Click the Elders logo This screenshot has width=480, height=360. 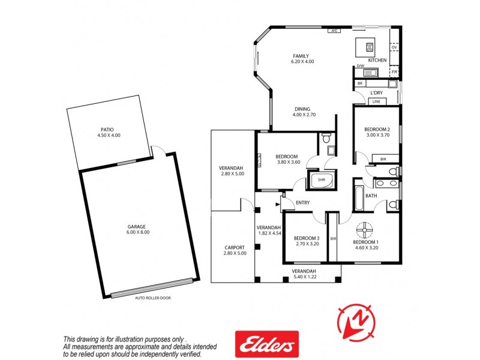coord(266,344)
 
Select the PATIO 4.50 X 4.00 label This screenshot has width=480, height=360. coord(108,132)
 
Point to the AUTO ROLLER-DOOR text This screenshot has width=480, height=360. coord(152,298)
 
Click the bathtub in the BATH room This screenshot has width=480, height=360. coord(359,198)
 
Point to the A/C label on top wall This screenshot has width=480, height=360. coord(334,29)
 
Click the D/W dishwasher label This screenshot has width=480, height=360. coord(361,66)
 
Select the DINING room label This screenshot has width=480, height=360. coord(303,112)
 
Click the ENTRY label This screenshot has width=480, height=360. coord(303,203)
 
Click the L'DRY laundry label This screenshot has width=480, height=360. coord(376,92)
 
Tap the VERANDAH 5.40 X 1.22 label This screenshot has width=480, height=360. coord(304,274)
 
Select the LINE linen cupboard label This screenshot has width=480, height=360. coord(376,102)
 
